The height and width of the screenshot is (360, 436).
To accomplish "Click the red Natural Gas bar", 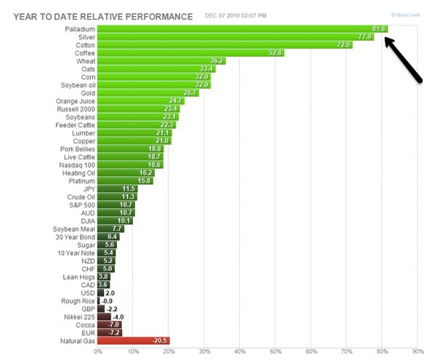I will (x=133, y=340).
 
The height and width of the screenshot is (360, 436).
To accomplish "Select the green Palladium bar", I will (x=242, y=29).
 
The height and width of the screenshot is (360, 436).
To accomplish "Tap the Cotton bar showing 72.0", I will (x=225, y=45).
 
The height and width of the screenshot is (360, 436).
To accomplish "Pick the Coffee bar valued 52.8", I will (x=190, y=53).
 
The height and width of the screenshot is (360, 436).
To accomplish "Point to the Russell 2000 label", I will (x=76, y=109).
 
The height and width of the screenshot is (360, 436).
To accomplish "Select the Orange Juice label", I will (x=75, y=101).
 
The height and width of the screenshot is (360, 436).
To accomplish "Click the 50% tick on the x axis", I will (x=275, y=352).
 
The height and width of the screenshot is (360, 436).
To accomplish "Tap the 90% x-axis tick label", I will (x=416, y=352).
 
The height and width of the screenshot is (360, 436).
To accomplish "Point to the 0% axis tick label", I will (x=97, y=352).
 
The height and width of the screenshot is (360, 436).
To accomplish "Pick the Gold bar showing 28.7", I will (x=148, y=93).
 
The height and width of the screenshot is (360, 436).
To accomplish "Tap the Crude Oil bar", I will (x=116, y=196).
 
